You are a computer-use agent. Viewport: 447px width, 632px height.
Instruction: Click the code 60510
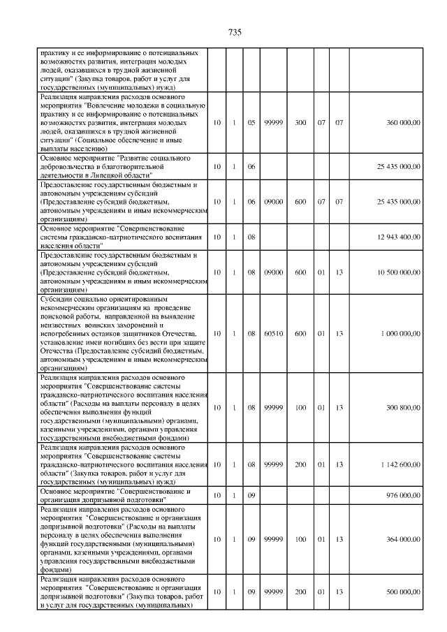[x=273, y=334]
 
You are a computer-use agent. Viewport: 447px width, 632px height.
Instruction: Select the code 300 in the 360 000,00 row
[x=300, y=122]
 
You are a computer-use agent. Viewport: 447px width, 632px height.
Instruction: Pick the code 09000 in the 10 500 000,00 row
[x=273, y=273]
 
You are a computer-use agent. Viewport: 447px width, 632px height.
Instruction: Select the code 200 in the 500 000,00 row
[x=300, y=591]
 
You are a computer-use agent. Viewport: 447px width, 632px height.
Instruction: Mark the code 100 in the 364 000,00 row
[x=300, y=539]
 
